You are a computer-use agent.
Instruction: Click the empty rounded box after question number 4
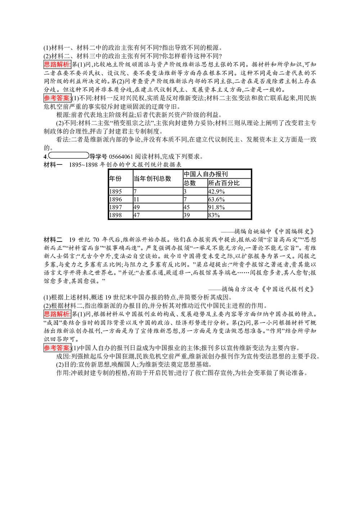pyautogui.click(x=68, y=156)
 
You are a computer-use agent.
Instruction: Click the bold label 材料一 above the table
pyautogui.click(x=53, y=165)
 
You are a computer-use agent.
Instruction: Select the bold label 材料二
pyautogui.click(x=53, y=240)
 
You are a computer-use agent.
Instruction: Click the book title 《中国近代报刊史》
pyautogui.click(x=288, y=289)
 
